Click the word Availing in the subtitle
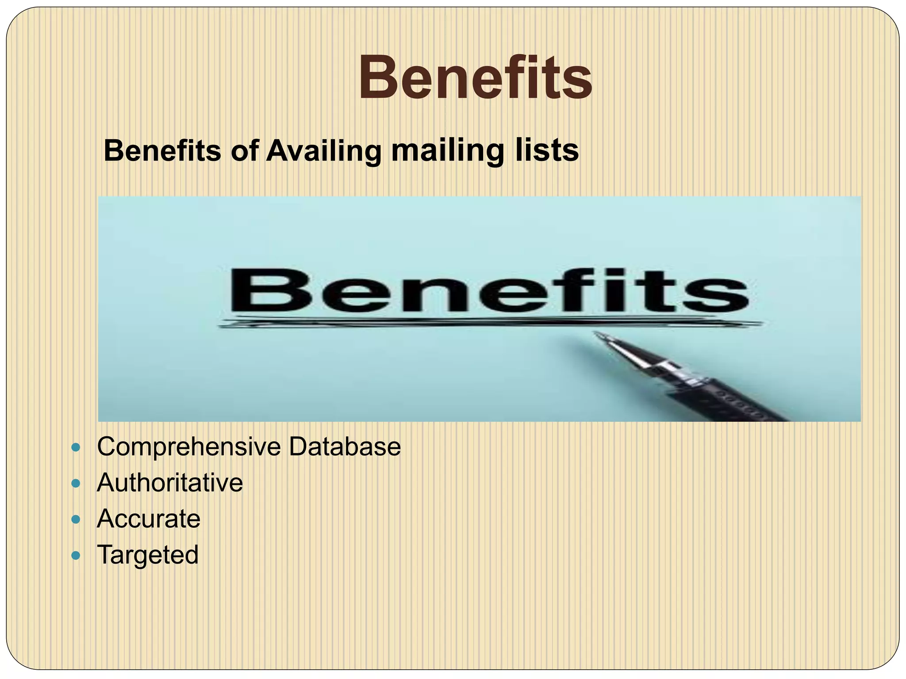[x=323, y=151]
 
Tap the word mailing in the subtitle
[x=447, y=151]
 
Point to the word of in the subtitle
[x=244, y=150]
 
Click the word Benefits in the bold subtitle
[x=162, y=150]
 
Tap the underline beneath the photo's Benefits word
[x=487, y=324]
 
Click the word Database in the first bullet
[x=345, y=446]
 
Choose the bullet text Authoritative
[x=170, y=482]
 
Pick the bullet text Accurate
[x=149, y=519]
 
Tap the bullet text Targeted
[x=148, y=555]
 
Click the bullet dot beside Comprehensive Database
[x=76, y=448]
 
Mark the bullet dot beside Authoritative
[x=76, y=484]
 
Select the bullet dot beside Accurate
[x=76, y=519]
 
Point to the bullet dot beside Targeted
[x=76, y=555]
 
